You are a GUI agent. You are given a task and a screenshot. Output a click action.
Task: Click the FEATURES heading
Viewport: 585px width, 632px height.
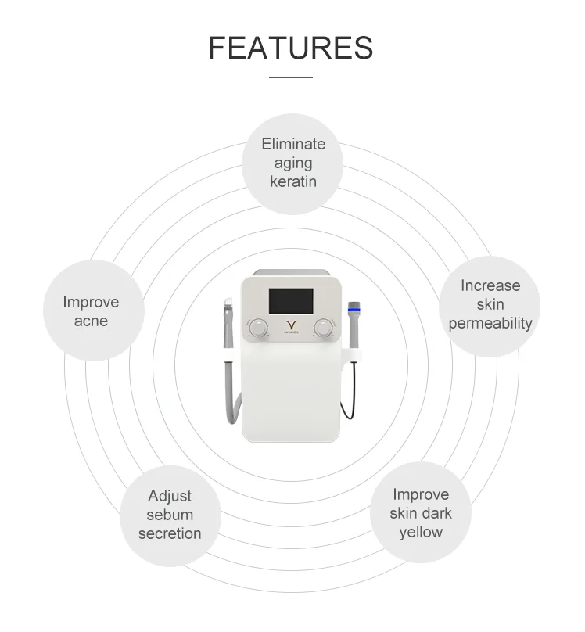pyautogui.click(x=291, y=48)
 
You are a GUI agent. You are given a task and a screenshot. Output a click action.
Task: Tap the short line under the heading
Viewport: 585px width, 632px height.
pyautogui.click(x=291, y=77)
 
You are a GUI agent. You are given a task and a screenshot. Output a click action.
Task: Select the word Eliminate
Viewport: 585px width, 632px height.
pyautogui.click(x=293, y=144)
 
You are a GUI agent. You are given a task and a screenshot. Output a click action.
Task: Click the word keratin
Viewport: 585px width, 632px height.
pyautogui.click(x=293, y=181)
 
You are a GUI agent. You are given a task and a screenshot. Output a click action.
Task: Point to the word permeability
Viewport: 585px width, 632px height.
pyautogui.click(x=490, y=323)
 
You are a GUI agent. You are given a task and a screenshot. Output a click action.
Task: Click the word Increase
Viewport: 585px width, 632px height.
pyautogui.click(x=490, y=285)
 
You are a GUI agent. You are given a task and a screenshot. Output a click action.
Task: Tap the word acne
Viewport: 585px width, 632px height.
pyautogui.click(x=92, y=321)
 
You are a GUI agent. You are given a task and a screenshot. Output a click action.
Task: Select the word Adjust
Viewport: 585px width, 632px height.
pyautogui.click(x=170, y=496)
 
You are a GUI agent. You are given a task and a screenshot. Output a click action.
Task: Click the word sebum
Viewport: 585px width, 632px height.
pyautogui.click(x=170, y=515)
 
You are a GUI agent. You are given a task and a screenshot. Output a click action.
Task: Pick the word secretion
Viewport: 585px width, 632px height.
pyautogui.click(x=170, y=533)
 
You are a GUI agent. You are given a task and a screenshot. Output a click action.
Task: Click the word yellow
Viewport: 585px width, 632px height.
pyautogui.click(x=421, y=532)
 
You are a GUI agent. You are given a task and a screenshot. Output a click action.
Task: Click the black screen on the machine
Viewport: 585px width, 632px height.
pyautogui.click(x=291, y=300)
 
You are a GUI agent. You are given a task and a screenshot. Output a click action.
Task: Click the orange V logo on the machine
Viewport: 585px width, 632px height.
pyautogui.click(x=291, y=325)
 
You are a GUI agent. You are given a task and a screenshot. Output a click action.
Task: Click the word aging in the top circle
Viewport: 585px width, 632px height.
pyautogui.click(x=293, y=163)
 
